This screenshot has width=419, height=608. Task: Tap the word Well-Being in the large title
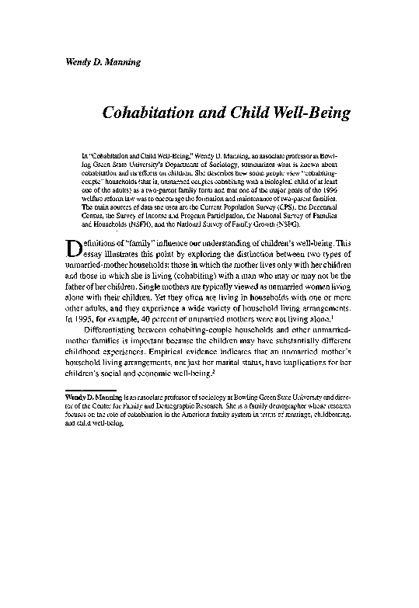coord(312,113)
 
